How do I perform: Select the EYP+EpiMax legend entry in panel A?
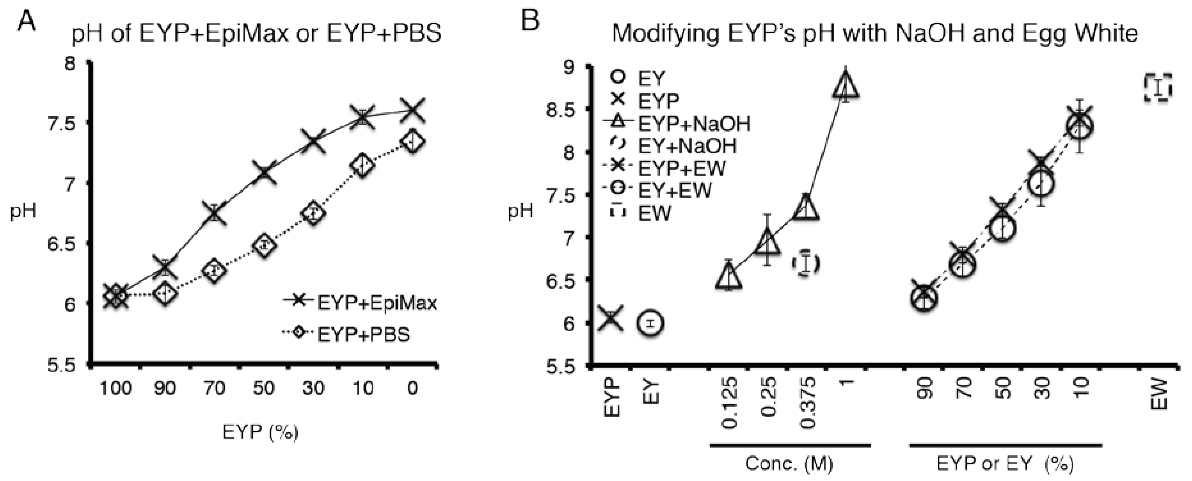361,303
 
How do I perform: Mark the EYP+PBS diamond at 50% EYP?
264,245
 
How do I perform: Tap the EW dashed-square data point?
1158,87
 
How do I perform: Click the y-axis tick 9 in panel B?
572,68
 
